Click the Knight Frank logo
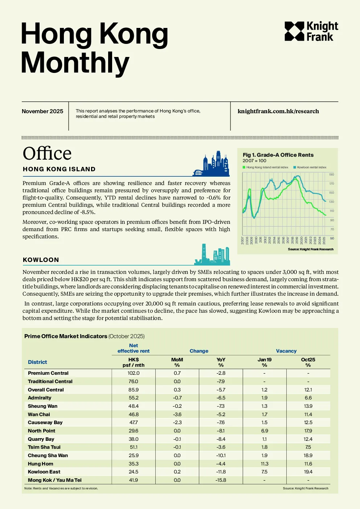[311, 31]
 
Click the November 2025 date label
[42, 111]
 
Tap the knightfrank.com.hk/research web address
[278, 111]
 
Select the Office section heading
[47, 153]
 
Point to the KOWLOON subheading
[41, 260]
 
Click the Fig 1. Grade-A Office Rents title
[278, 155]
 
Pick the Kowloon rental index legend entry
[310, 167]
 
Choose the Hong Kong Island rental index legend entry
[265, 167]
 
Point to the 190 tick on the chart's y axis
[332, 175]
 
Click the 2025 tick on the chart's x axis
[324, 241]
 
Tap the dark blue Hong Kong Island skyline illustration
[211, 163]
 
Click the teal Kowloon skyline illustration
[212, 255]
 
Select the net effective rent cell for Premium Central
[134, 373]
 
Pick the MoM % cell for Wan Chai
[177, 414]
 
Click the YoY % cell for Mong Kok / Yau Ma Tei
[221, 480]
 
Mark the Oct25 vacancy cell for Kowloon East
[308, 472]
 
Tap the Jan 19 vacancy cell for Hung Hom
[264, 464]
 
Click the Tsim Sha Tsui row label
[44, 447]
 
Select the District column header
[37, 362]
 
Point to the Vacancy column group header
[286, 351]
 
